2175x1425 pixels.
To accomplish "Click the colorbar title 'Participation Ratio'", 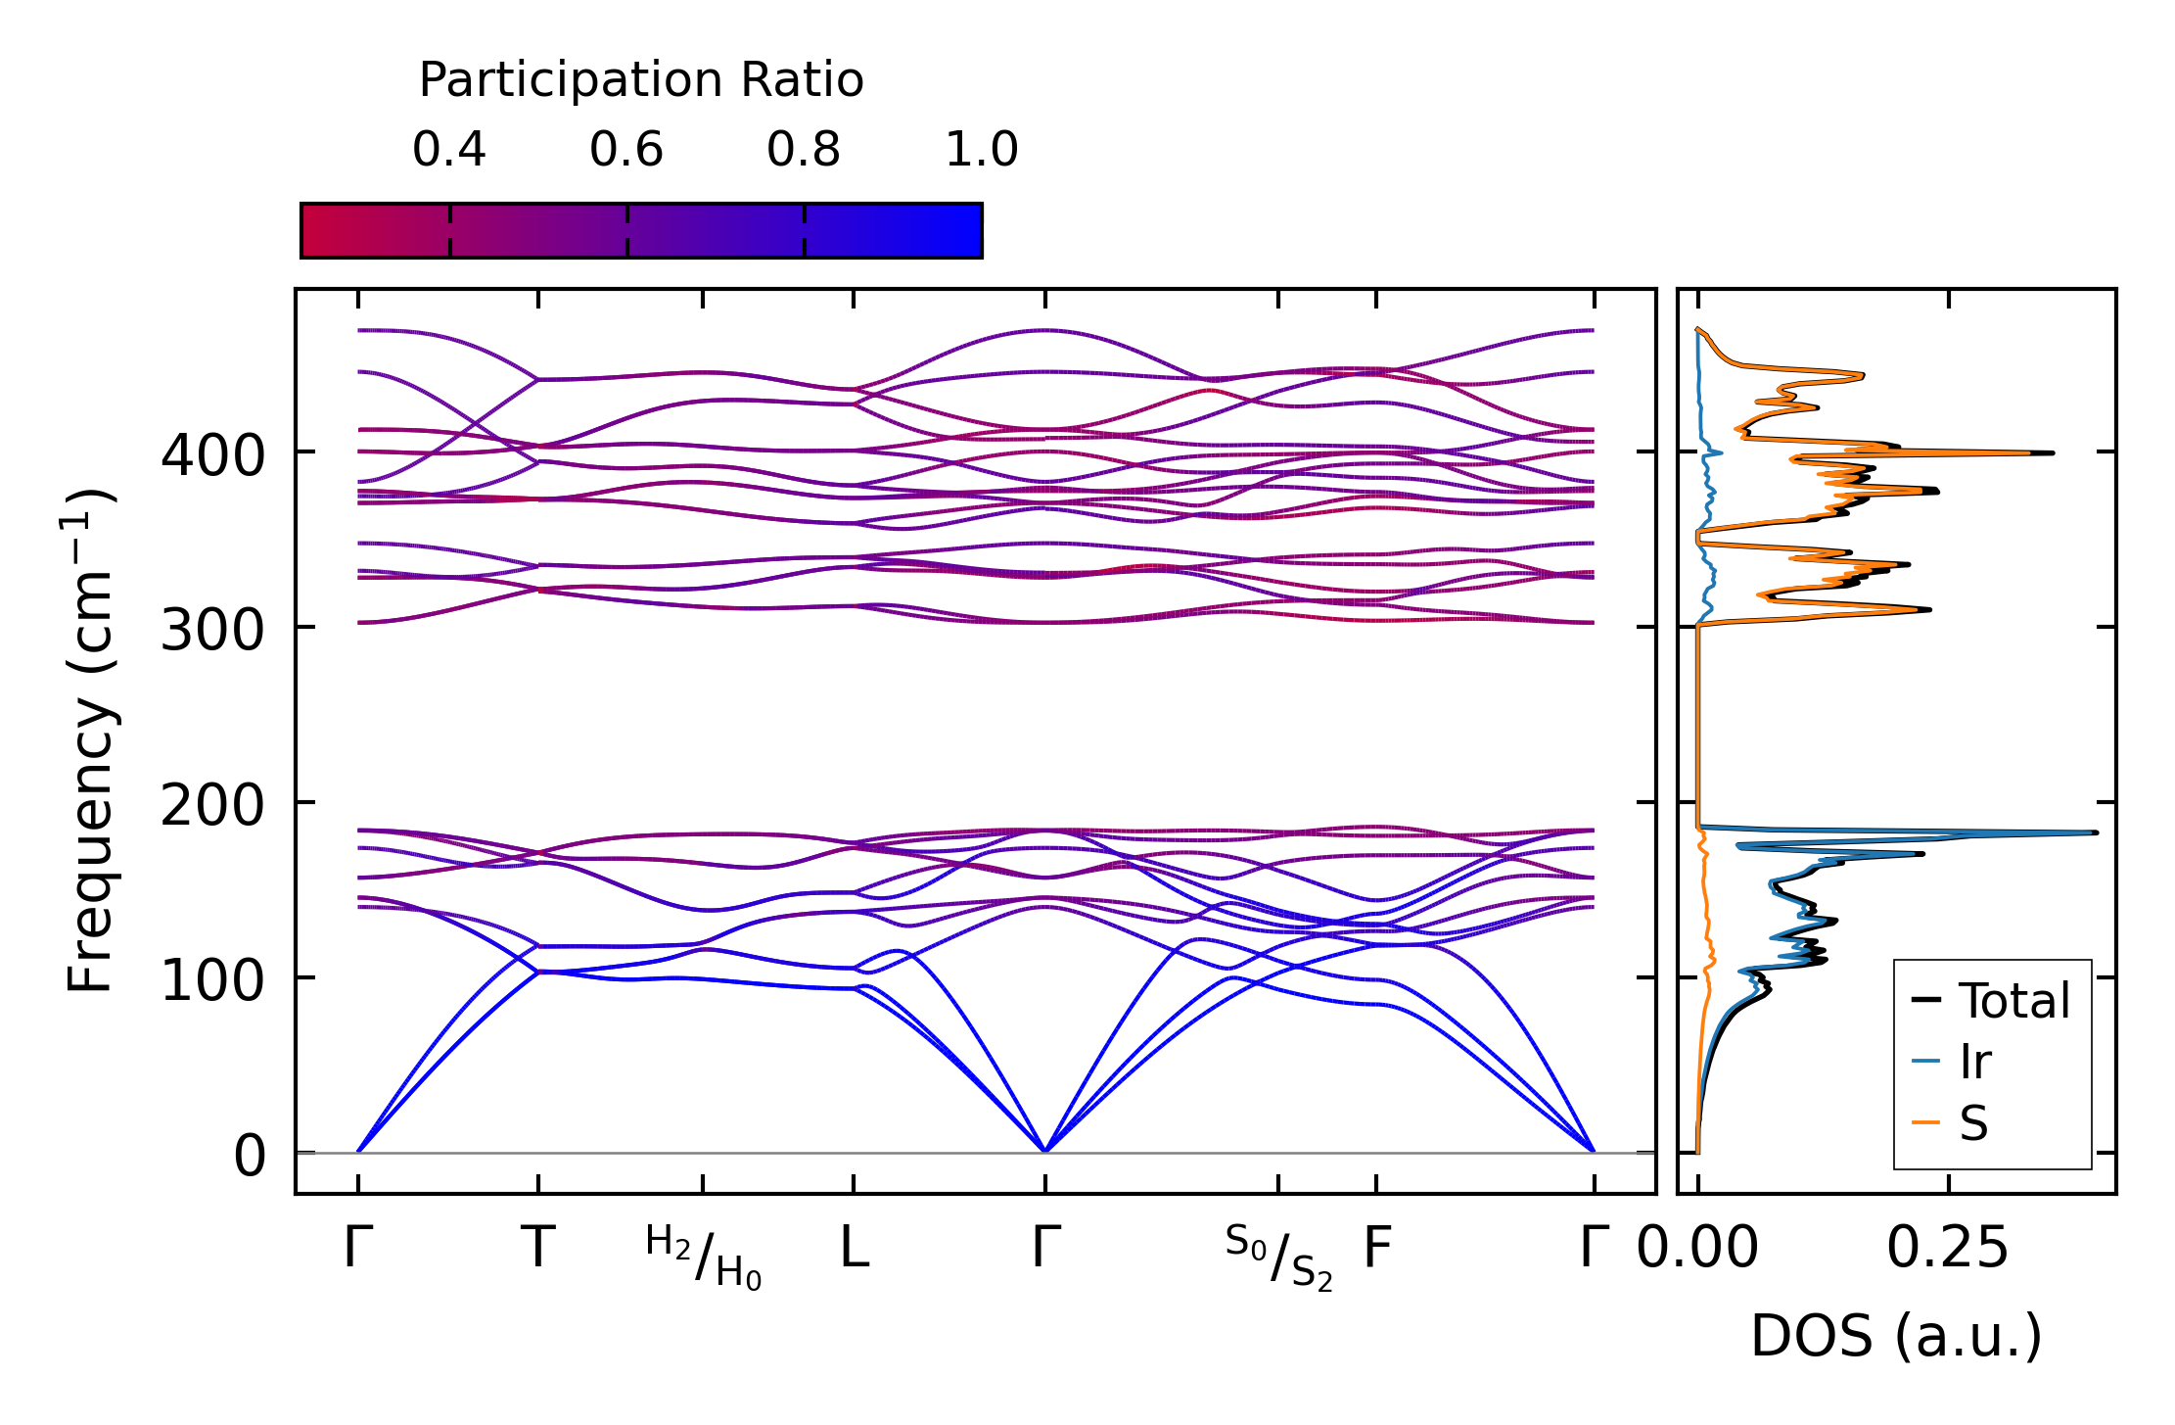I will [641, 80].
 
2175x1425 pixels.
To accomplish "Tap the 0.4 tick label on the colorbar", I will [449, 150].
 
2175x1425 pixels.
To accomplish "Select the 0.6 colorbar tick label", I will [626, 150].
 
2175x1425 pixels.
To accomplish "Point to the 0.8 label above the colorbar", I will [804, 150].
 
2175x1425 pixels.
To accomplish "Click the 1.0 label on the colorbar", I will [982, 150].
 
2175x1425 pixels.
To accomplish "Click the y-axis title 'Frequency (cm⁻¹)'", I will [91, 740].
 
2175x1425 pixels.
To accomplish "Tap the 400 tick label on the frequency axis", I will [212, 455].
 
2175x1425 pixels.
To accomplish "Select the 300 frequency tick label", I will [212, 630].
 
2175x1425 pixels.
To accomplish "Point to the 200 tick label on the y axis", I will [212, 805].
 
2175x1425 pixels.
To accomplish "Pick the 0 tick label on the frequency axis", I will [250, 1156].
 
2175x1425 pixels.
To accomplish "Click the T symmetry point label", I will [538, 1249].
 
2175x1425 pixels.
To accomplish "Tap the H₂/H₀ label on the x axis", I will [703, 1258].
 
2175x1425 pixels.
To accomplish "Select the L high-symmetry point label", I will [855, 1249].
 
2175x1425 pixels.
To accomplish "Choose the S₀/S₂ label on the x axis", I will [1278, 1258].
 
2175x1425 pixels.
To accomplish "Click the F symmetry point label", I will [1377, 1249].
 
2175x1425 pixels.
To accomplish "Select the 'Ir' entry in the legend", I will [1975, 1062].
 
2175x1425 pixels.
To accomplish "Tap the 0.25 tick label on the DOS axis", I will [1948, 1249].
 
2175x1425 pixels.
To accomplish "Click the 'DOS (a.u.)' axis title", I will [1896, 1336].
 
